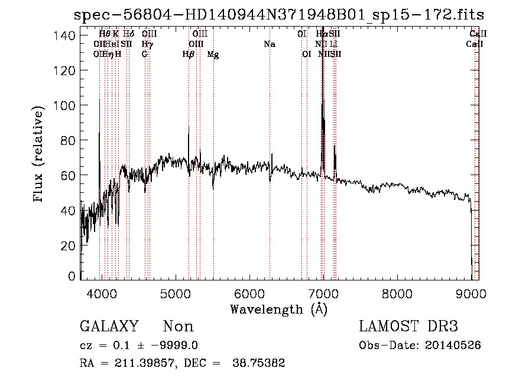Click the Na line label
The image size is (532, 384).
pyautogui.click(x=270, y=44)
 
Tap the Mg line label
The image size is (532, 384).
pyautogui.click(x=213, y=54)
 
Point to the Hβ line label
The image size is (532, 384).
pyautogui.click(x=189, y=54)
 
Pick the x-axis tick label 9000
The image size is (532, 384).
pyautogui.click(x=471, y=293)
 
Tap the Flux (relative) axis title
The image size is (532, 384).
pyautogui.click(x=39, y=155)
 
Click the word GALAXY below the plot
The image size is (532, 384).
pyautogui.click(x=109, y=327)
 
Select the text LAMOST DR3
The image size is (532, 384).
pyautogui.click(x=408, y=327)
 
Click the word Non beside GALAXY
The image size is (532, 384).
pyautogui.click(x=178, y=327)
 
